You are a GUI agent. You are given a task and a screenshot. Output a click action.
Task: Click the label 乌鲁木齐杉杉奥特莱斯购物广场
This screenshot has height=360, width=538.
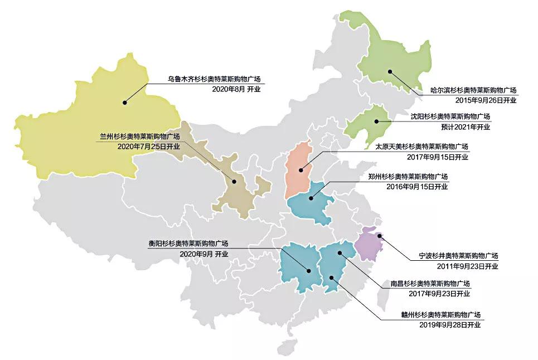214,79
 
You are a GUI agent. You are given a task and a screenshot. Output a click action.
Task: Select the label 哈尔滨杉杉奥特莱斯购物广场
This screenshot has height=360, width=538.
473,90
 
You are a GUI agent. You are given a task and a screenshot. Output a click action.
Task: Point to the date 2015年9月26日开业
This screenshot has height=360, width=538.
486,100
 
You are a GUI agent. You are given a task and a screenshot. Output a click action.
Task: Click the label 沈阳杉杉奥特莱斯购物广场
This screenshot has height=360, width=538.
450,116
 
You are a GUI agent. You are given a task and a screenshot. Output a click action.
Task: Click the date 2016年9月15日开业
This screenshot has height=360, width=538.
417,186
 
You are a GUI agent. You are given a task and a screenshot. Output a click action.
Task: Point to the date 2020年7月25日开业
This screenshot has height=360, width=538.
149,146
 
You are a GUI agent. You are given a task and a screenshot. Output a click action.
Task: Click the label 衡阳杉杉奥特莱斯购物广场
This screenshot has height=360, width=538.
188,244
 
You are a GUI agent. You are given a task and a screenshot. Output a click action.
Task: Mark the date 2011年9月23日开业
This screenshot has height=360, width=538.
467,266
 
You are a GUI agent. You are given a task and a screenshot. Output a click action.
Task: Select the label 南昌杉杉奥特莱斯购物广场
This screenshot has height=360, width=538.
430,283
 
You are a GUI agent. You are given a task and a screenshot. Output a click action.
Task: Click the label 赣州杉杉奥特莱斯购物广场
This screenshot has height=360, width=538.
440,314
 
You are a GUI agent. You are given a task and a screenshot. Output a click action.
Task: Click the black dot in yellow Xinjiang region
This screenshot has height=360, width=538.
125,102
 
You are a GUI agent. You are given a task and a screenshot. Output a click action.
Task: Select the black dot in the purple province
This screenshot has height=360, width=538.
380,236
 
